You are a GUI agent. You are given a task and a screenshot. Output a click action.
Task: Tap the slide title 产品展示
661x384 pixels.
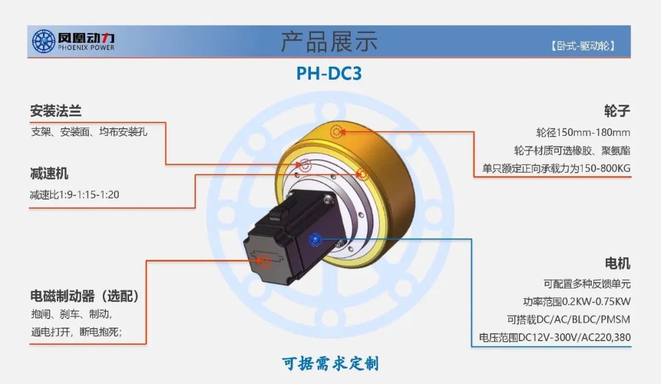pos(329,41)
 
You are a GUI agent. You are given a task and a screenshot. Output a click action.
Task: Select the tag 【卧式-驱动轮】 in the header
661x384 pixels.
pos(582,46)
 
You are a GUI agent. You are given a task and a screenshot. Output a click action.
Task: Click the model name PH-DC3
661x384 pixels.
pos(329,73)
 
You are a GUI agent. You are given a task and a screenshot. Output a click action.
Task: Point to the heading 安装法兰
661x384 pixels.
pos(56,111)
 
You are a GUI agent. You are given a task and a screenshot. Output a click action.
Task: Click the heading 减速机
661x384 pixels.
pos(50,174)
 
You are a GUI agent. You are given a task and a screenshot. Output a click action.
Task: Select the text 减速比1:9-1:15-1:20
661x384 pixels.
pos(74,195)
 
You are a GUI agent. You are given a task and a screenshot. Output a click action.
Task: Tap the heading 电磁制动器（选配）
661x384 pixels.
pos(85,296)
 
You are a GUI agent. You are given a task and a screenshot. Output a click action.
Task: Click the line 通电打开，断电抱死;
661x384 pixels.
pos(77,333)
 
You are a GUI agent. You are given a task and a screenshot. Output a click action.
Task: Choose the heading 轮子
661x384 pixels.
pos(617,111)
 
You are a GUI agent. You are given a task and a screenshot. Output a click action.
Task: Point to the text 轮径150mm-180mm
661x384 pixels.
pos(583,132)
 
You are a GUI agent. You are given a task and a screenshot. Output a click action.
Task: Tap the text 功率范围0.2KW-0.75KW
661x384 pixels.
pos(573,301)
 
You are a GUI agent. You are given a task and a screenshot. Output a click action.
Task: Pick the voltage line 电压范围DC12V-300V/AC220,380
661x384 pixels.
pos(555,337)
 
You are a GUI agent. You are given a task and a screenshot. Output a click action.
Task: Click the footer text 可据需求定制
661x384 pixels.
pos(330,364)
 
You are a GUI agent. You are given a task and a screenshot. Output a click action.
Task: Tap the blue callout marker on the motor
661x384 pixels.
pos(315,239)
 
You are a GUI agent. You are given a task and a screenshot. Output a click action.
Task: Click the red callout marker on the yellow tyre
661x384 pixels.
pos(337,131)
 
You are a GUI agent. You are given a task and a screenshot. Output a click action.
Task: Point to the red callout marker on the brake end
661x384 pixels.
pos(264,262)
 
